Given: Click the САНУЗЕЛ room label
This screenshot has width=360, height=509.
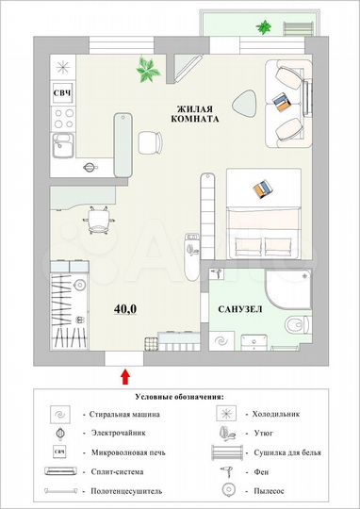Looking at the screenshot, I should [x=239, y=309].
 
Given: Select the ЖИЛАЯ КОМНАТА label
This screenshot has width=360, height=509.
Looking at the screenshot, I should [x=197, y=115].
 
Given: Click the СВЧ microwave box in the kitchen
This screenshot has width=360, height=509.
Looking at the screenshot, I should [x=63, y=92].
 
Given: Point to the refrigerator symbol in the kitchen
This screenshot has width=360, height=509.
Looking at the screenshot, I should [x=63, y=65].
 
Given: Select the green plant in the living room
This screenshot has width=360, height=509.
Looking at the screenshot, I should [x=148, y=67].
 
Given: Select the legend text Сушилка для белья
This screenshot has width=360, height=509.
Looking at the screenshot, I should [x=285, y=451].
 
